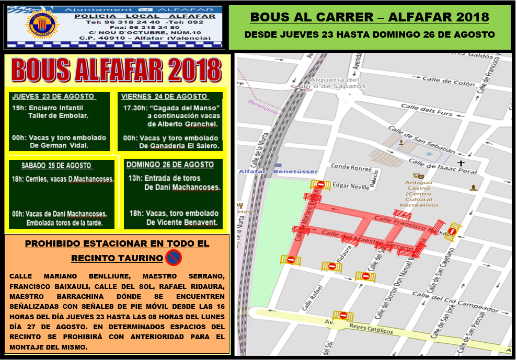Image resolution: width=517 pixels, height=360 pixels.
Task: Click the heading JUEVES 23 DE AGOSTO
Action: coord(53,97)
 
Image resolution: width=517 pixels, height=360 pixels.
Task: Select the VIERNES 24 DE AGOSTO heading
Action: coord(164,97)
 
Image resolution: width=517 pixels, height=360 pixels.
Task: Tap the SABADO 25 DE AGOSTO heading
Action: coord(57,166)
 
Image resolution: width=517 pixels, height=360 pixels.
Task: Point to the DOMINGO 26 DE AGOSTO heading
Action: coord(170,165)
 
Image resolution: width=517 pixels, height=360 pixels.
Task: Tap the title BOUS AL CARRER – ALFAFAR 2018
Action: coord(370,17)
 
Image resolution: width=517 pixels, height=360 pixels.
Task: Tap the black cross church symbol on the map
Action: coord(461,164)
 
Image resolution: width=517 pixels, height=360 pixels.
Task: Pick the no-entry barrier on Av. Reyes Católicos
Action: coord(343,315)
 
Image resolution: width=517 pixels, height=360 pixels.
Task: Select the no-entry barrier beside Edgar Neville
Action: coord(320,184)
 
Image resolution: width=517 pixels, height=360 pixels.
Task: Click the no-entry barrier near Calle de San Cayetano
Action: coord(453,230)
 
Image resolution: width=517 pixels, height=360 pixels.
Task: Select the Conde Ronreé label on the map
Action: coord(351,168)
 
